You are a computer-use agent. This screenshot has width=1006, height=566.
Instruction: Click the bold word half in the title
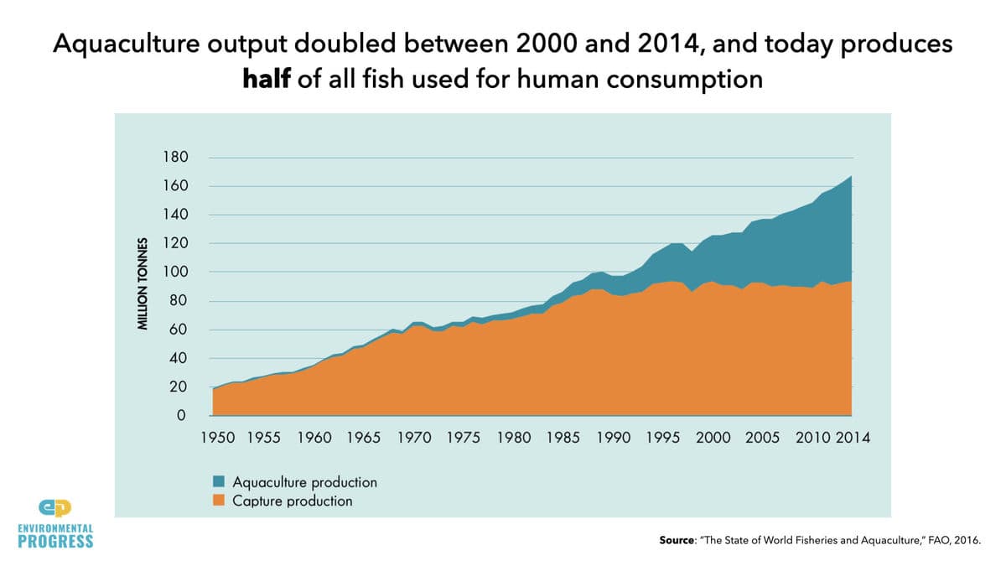tap(267, 79)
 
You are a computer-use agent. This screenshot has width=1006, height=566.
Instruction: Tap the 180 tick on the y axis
tap(175, 158)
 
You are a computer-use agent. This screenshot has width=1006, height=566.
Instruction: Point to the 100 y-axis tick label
tap(175, 272)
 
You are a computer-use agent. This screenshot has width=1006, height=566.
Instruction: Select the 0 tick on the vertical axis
tap(181, 415)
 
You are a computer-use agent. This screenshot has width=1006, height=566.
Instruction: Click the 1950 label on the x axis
tap(218, 438)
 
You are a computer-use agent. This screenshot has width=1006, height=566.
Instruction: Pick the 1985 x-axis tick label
tap(563, 438)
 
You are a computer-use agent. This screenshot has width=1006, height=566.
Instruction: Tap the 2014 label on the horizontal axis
tap(853, 438)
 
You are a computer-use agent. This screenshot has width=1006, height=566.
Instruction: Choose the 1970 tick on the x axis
tap(414, 438)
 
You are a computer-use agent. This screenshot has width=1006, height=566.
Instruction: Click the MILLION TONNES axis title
tap(143, 284)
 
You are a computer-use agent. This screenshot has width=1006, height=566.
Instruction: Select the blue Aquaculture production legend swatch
tap(219, 481)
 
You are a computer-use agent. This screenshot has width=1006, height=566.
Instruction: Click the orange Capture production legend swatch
tap(219, 501)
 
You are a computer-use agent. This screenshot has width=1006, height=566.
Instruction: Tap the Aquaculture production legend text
tap(305, 482)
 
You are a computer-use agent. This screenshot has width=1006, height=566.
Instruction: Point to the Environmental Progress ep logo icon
tap(55, 508)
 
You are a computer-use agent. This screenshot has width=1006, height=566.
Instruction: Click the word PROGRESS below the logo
tap(55, 542)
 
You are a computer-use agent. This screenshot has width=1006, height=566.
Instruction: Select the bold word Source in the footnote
tap(677, 540)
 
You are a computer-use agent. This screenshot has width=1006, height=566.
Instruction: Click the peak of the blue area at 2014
tap(851, 177)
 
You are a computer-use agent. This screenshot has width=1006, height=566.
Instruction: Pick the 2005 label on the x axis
tap(763, 438)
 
